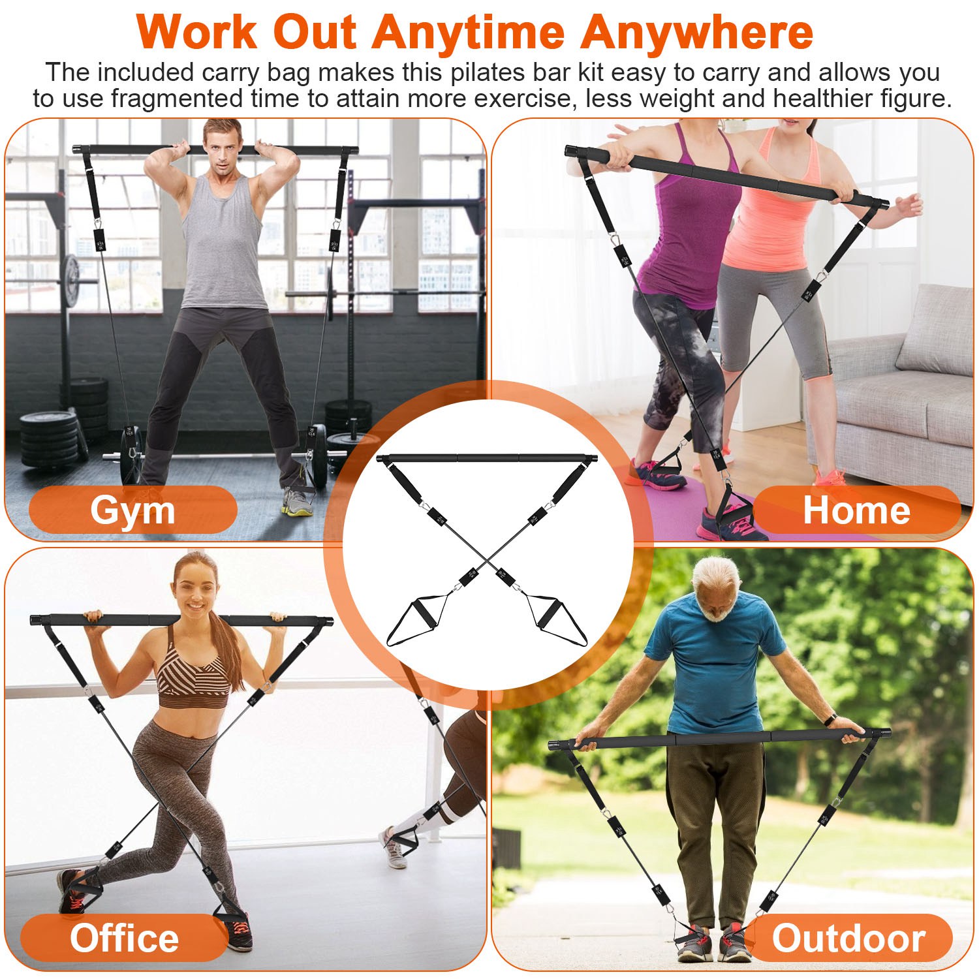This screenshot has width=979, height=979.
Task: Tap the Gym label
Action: point(132,510)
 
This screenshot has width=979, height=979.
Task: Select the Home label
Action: point(856,510)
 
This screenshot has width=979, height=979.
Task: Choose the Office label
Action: point(124,938)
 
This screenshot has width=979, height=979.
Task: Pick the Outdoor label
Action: point(848,938)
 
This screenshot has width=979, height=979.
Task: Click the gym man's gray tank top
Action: point(222,241)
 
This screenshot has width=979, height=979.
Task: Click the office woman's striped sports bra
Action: point(194,672)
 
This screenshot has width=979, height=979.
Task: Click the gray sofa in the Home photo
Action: point(901,392)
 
